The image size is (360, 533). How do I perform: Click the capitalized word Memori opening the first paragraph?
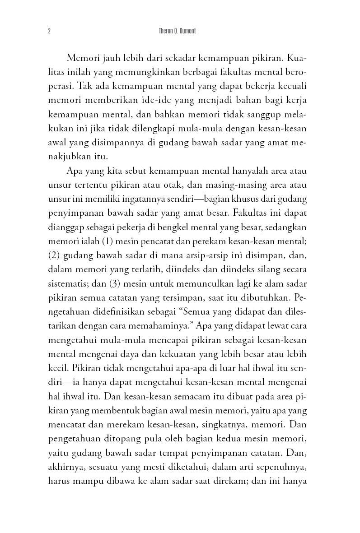coord(83,58)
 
